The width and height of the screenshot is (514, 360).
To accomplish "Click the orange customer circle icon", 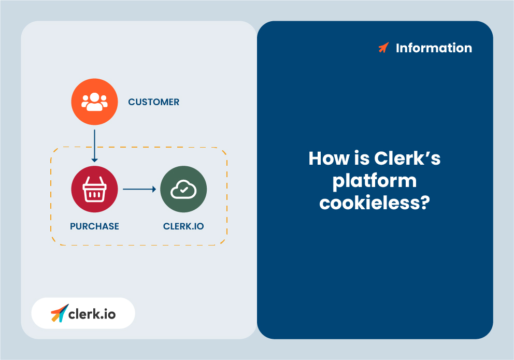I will point(94,102).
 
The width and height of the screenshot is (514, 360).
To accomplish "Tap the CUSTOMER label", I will point(153,102).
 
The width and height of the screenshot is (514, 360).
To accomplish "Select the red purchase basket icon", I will point(94,189).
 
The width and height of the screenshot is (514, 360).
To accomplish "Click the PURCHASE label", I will point(94,226).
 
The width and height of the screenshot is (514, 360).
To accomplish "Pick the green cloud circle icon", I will point(183,189).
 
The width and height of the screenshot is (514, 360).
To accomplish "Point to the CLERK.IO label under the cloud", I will point(183,226).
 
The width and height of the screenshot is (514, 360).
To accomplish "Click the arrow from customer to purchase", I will point(94,146).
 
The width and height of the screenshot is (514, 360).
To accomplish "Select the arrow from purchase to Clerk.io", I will point(139,189).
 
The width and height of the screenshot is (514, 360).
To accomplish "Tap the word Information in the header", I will point(434,48).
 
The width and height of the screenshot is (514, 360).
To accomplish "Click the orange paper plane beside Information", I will point(383,48).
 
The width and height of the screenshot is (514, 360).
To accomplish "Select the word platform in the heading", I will point(375,180).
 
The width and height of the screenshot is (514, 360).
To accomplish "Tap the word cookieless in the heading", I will point(368,203).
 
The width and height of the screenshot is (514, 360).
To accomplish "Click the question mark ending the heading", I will point(424,203).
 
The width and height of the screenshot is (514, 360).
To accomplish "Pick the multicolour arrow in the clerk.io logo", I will point(59,313).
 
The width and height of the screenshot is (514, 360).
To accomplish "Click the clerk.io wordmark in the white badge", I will point(92,313).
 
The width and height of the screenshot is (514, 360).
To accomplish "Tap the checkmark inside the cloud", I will point(183,191).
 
